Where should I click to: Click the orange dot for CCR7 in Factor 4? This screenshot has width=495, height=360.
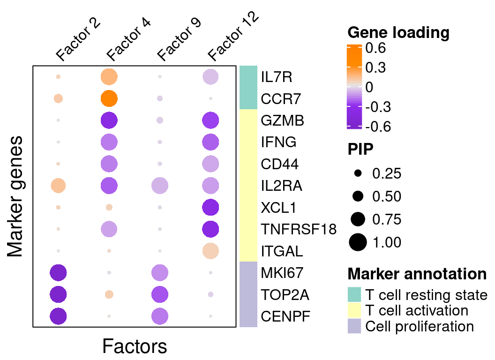[109, 98]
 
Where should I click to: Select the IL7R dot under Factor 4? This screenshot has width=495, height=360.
[109, 76]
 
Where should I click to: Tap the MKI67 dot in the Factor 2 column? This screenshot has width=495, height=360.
[59, 272]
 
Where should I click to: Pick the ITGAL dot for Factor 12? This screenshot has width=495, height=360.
[210, 251]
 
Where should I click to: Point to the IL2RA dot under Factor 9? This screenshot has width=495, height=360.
[160, 186]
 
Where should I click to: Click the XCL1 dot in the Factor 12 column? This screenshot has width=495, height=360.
[210, 207]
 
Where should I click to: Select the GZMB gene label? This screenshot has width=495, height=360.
[283, 120]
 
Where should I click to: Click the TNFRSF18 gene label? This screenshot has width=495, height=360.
[299, 229]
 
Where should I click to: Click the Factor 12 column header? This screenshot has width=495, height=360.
[232, 37]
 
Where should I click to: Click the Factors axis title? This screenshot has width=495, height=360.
[135, 347]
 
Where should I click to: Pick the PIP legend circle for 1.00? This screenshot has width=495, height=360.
[358, 242]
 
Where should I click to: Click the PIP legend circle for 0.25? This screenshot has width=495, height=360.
[358, 173]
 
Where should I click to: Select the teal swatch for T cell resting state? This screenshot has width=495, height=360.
[354, 295]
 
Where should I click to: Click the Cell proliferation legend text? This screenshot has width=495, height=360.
[420, 326]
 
